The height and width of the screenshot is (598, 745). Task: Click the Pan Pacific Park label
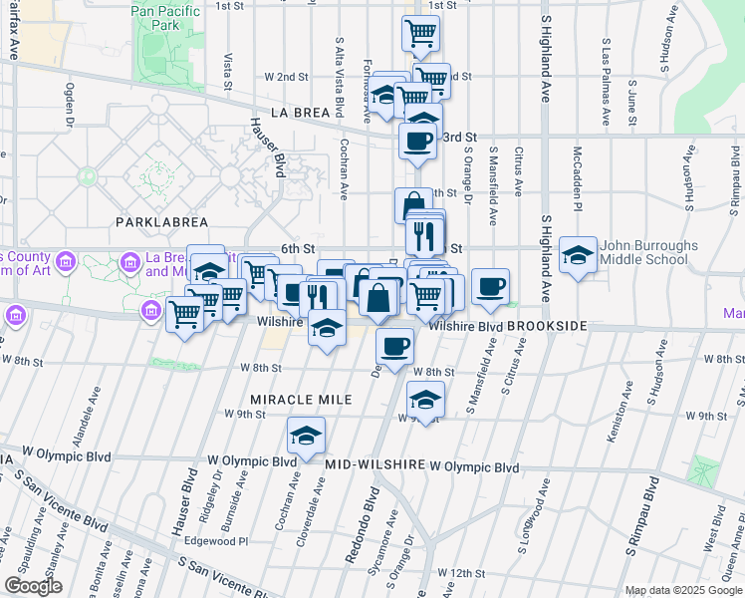click(166, 18)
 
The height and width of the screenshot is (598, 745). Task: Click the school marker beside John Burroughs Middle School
click(578, 254)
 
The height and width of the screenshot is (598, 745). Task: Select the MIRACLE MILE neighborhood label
click(301, 399)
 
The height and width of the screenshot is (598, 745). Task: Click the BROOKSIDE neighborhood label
click(547, 326)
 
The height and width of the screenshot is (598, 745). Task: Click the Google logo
click(33, 587)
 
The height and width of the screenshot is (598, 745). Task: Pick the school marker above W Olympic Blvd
click(306, 435)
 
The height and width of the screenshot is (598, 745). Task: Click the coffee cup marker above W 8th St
click(395, 345)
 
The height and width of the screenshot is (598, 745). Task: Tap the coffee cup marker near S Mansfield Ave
click(489, 286)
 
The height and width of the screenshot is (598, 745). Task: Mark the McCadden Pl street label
click(577, 172)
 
